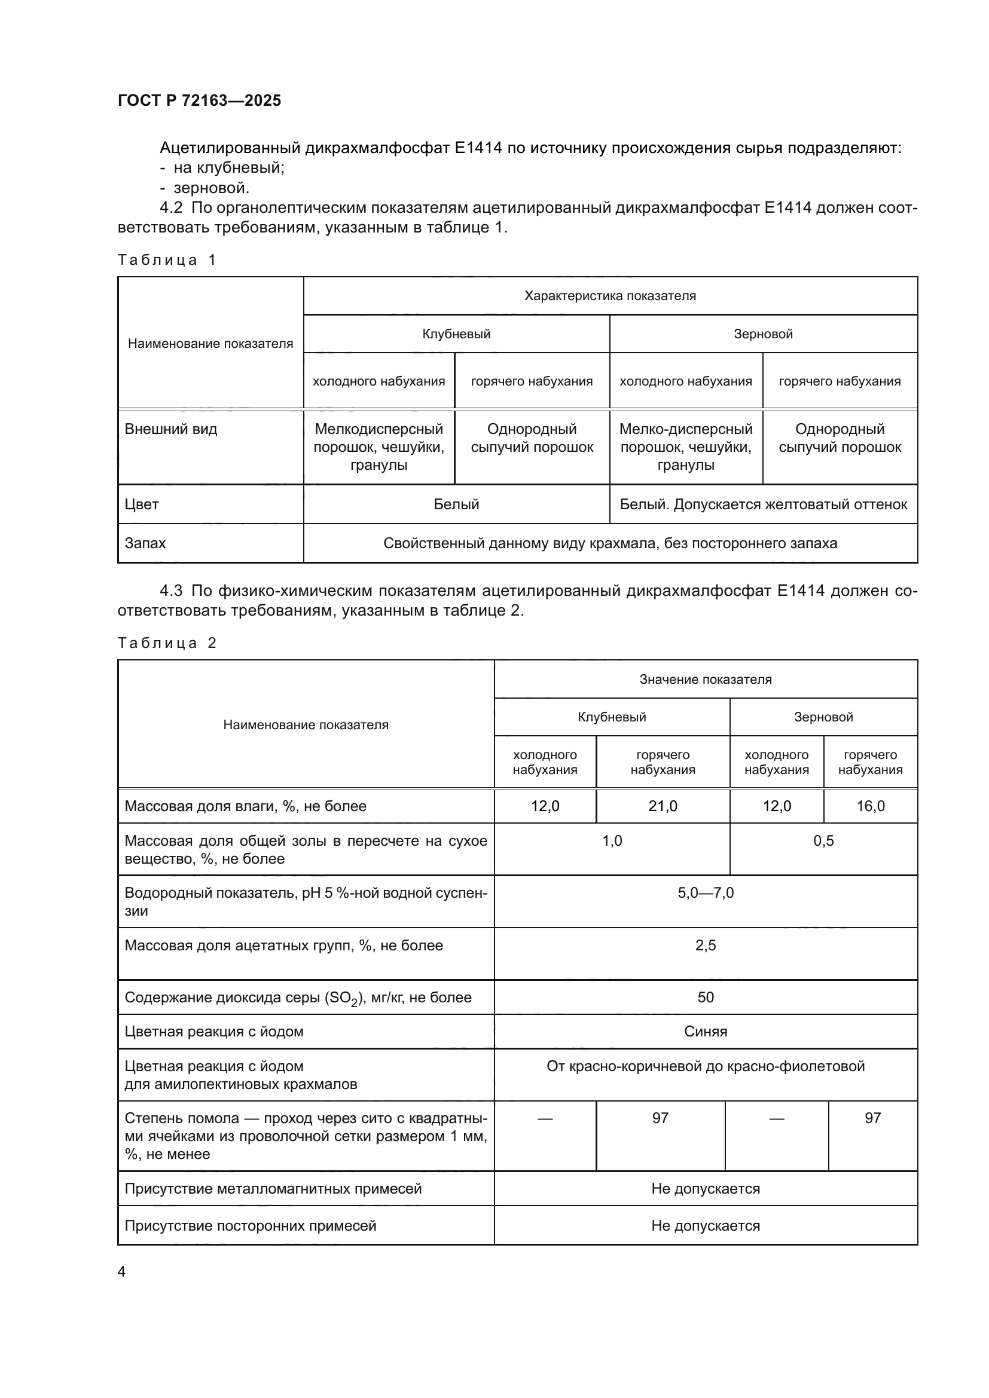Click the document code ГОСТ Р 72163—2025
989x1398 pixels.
click(x=199, y=100)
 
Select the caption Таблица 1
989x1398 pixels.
click(x=167, y=260)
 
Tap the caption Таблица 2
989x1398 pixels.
click(x=167, y=643)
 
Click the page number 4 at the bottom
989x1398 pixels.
click(x=122, y=1272)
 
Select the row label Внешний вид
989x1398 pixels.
click(x=170, y=429)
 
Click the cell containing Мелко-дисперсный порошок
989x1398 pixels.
click(x=686, y=446)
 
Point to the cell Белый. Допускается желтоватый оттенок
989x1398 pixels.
click(x=763, y=504)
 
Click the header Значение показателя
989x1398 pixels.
click(x=705, y=680)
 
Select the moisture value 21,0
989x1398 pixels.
click(x=663, y=806)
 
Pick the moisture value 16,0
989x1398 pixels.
click(x=870, y=806)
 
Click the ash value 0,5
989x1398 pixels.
click(x=823, y=841)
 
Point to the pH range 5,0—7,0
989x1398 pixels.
click(x=705, y=893)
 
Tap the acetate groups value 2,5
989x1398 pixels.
click(x=705, y=946)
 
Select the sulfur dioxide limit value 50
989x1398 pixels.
click(x=705, y=998)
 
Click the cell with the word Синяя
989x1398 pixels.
click(x=705, y=1032)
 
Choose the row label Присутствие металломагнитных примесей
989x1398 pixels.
click(x=273, y=1189)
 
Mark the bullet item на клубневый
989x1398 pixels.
click(x=229, y=167)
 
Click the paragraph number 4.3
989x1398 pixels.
click(x=171, y=591)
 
